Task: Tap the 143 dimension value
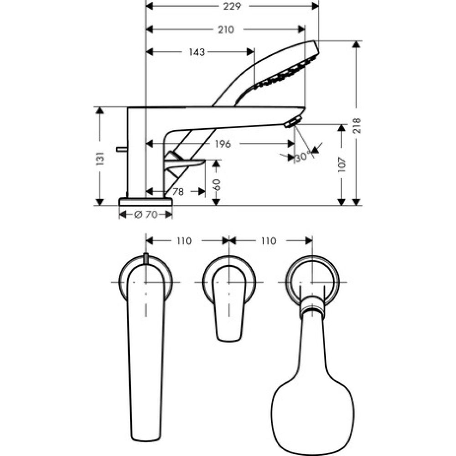pos(196,52)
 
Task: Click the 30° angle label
pos(302,157)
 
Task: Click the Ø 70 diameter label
pos(146,215)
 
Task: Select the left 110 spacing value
pos(184,241)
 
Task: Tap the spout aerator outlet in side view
pos(292,122)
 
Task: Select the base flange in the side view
pos(145,201)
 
